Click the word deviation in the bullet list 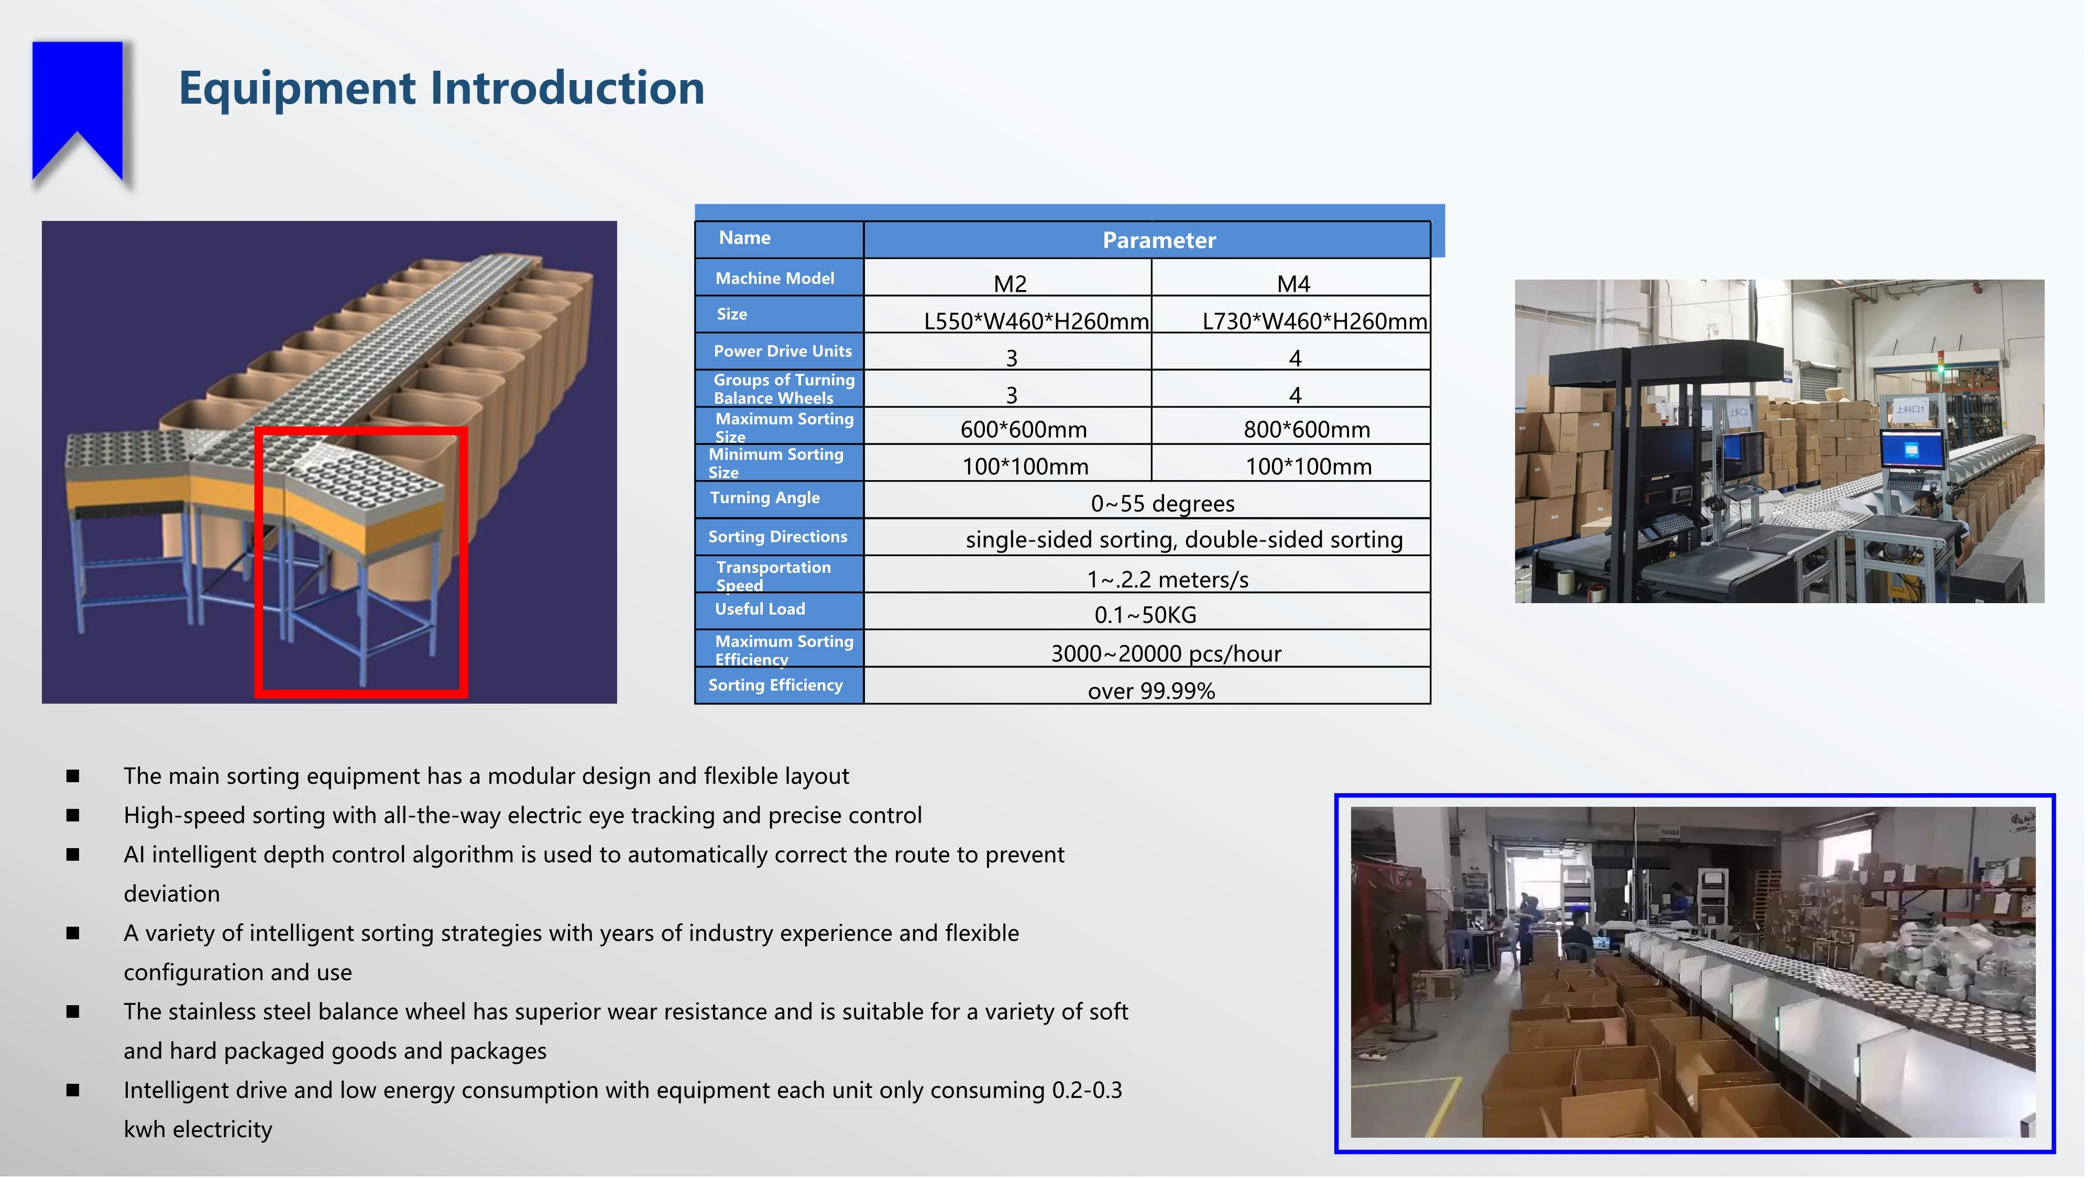tap(172, 894)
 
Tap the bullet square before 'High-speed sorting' tap(73, 815)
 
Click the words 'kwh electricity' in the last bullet tap(198, 1129)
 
